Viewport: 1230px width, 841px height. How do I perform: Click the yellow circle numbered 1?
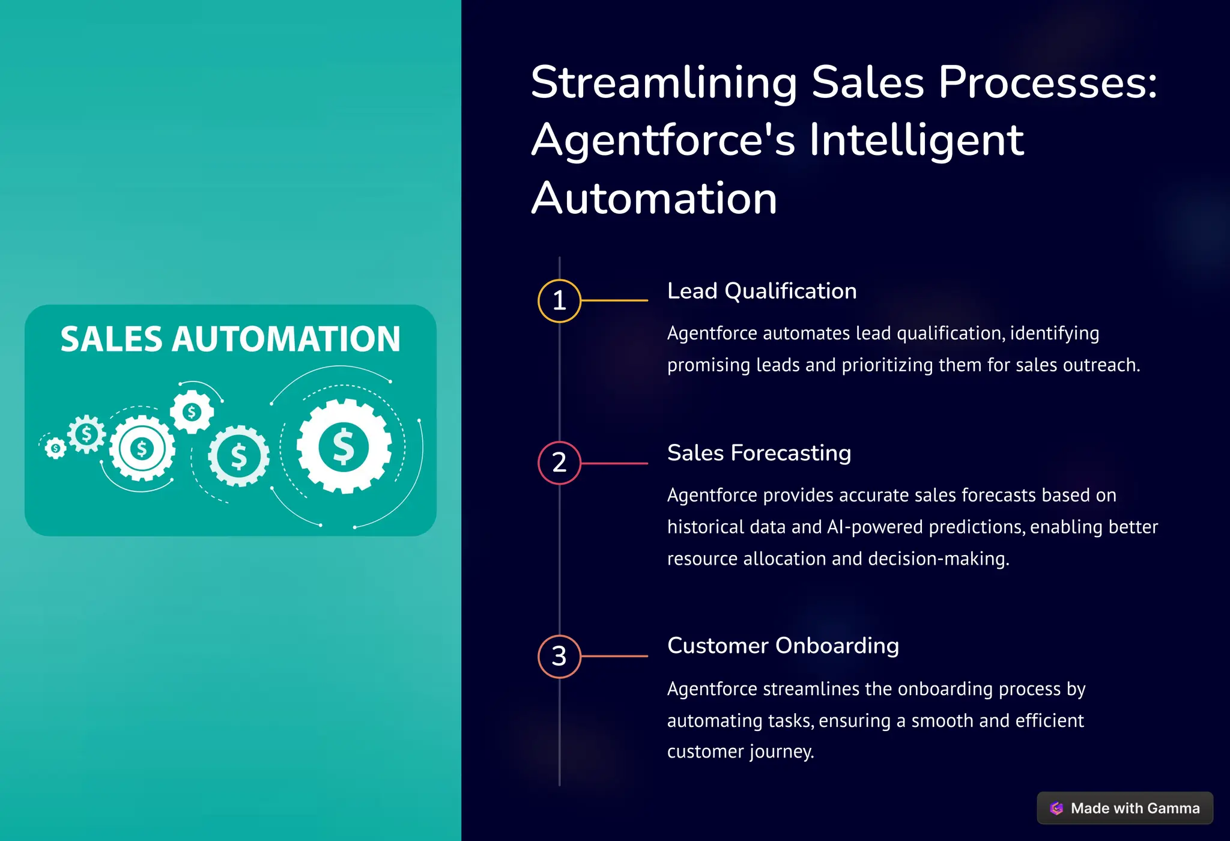559,301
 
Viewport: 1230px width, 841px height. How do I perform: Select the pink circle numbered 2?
559,463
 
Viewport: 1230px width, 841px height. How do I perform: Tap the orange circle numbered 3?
559,656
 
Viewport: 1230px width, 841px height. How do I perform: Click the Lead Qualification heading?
762,291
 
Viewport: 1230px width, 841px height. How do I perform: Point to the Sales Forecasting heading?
759,453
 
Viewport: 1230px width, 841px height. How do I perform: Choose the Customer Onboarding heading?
783,646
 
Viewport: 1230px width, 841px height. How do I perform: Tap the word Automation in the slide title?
654,198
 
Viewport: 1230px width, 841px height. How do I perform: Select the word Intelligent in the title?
916,140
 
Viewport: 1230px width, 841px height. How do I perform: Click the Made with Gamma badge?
1124,808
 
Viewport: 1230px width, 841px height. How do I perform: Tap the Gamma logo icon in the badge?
1056,808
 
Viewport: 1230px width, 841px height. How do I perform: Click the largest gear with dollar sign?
344,446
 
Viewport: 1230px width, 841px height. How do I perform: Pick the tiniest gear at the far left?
55,448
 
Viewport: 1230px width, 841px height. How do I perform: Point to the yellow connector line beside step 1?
614,300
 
